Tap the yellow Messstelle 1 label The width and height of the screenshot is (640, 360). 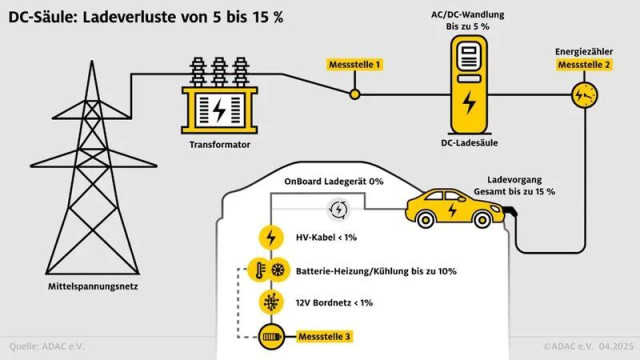354,65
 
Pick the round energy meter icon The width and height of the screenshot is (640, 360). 584,95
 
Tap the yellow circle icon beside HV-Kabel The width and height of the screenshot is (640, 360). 270,238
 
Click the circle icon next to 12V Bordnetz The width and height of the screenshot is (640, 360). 270,303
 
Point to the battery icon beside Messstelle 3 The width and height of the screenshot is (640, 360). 270,335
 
